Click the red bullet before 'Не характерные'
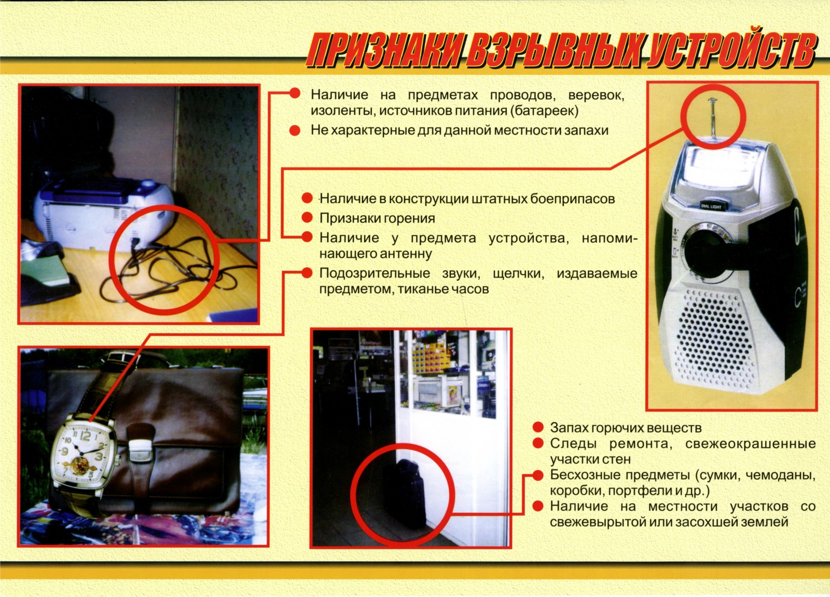(295, 130)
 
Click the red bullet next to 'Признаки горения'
(307, 217)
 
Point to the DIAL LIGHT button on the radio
(711, 206)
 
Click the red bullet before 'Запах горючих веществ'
(538, 427)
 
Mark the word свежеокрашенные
(750, 444)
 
